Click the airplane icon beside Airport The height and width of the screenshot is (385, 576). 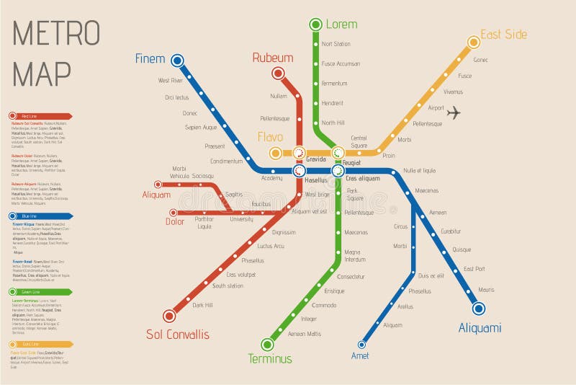coord(454,112)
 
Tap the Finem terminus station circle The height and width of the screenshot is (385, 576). coord(177,61)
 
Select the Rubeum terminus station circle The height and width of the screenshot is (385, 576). coord(278,73)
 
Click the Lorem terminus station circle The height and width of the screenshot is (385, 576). coord(315,25)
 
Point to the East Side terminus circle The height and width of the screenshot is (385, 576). coord(473,42)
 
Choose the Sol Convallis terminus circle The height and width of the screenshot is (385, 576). coord(169,315)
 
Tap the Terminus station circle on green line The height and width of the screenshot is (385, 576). coord(267,344)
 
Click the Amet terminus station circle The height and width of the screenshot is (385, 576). coord(362,344)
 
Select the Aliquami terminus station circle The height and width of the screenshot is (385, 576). coord(478,309)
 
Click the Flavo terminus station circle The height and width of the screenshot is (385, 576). coord(275,153)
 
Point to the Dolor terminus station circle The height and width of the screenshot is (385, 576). coord(172,213)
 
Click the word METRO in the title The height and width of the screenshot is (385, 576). coord(56,34)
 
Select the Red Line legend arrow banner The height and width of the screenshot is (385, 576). coord(40,116)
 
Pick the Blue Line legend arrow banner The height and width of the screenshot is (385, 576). coord(40,216)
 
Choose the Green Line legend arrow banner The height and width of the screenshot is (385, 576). coord(40,292)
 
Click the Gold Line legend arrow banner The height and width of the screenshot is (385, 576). coord(40,345)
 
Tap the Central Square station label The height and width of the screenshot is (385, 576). coord(359,141)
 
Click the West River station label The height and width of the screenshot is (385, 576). coord(171,80)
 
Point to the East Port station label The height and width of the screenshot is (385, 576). coord(474,269)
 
